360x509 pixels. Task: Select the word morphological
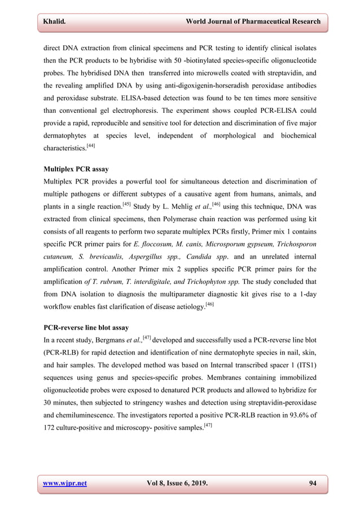point(211,136)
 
